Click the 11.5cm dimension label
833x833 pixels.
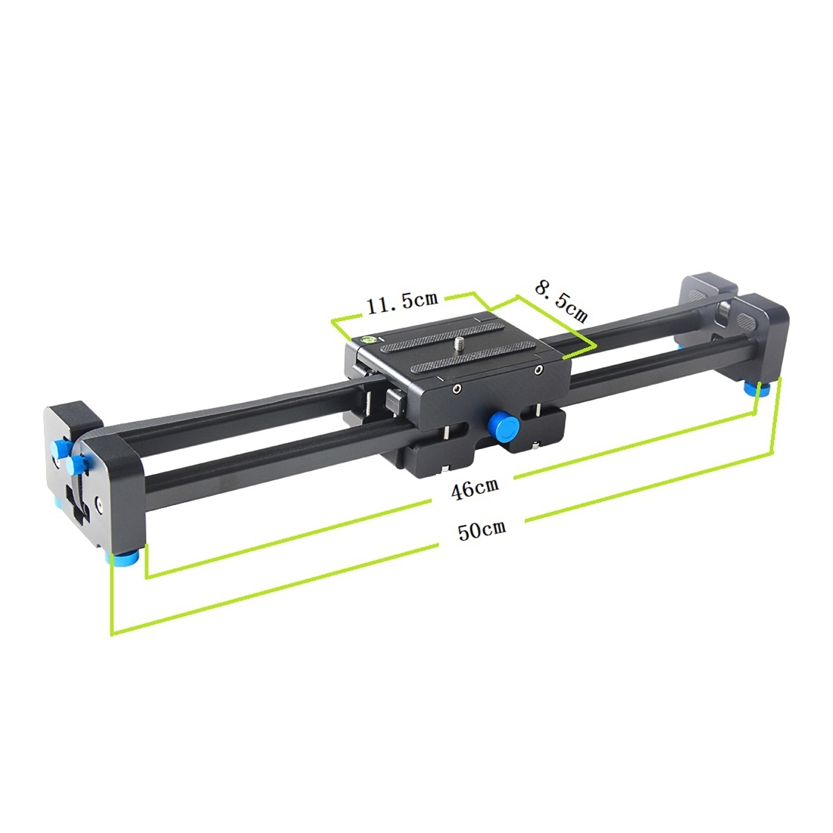coord(402,301)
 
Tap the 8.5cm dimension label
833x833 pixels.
coord(561,301)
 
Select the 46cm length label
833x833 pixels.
coord(474,488)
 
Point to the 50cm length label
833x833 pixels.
coord(482,529)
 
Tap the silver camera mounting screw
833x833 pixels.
coord(458,345)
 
